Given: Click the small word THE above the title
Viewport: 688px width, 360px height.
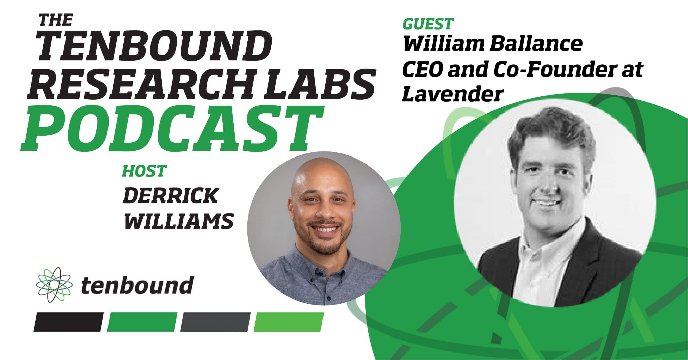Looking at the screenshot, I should point(55,21).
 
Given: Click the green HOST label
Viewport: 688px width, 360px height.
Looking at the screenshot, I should point(144,171).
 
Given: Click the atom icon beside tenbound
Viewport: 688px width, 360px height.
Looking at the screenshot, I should point(53,284).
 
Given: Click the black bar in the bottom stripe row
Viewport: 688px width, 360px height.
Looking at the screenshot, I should point(69,322).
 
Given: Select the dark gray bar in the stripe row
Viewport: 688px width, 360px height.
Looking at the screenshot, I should point(215,322).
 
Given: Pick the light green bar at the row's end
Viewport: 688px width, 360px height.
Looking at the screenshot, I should point(288,322).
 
